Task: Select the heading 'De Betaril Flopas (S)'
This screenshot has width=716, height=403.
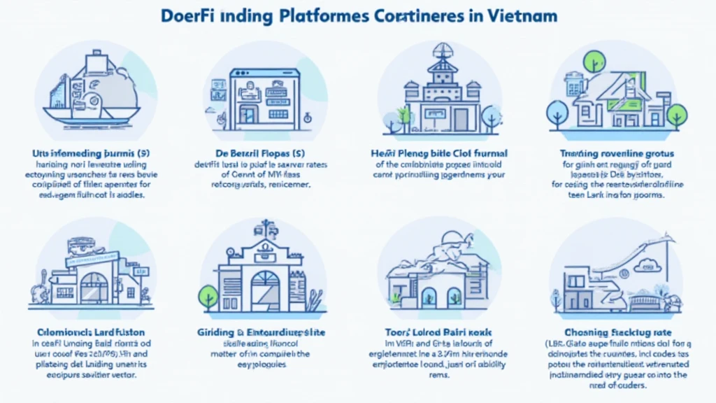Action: tap(265, 153)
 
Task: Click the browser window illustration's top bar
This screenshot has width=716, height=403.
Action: tap(265, 73)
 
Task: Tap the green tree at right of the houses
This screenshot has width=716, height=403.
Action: tap(676, 113)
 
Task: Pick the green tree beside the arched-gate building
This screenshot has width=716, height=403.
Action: tap(208, 295)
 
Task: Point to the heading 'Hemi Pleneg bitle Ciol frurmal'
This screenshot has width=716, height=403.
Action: tap(439, 153)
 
